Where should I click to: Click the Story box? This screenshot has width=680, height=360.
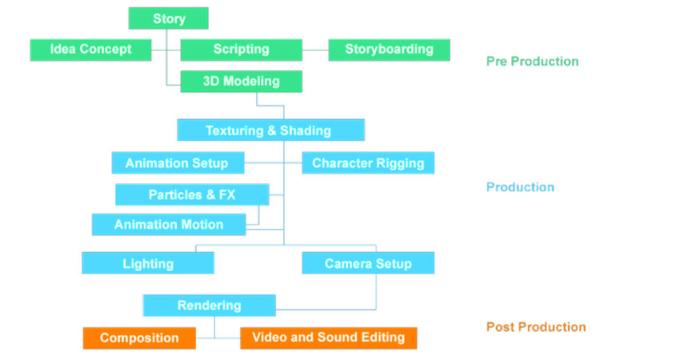click(168, 18)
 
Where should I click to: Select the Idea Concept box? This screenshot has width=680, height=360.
click(91, 50)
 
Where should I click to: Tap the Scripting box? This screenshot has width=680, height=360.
click(241, 50)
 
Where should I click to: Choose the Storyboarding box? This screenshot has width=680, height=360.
click(389, 50)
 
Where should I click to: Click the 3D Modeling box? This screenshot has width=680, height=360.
click(241, 82)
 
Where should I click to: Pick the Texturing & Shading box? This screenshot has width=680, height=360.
click(270, 130)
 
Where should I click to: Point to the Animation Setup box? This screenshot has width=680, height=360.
click(177, 163)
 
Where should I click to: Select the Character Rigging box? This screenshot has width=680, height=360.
click(368, 163)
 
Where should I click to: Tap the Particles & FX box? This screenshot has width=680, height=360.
click(192, 194)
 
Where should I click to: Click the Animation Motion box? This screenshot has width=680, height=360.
click(168, 225)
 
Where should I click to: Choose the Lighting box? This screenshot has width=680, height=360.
click(148, 263)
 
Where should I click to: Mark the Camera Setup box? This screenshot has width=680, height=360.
click(368, 263)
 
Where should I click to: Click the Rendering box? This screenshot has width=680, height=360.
click(209, 305)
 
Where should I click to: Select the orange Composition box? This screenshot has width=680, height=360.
click(139, 338)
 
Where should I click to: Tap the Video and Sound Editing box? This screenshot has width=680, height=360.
click(328, 338)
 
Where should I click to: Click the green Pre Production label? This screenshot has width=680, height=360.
click(532, 62)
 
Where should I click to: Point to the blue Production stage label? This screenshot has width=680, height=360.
click(520, 187)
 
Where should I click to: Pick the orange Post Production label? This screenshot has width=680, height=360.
click(536, 327)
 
